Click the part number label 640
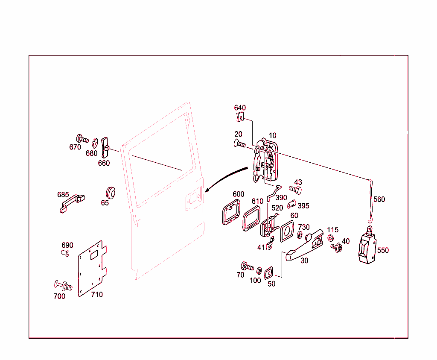[x=240, y=108]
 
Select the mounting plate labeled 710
[x=92, y=269]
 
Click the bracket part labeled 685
[x=71, y=203]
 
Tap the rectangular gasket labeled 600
[x=230, y=213]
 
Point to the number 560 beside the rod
[x=379, y=199]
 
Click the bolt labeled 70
[x=247, y=266]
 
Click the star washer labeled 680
[x=96, y=142]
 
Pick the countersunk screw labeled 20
[x=240, y=144]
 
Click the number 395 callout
[x=303, y=206]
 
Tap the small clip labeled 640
[x=240, y=117]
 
